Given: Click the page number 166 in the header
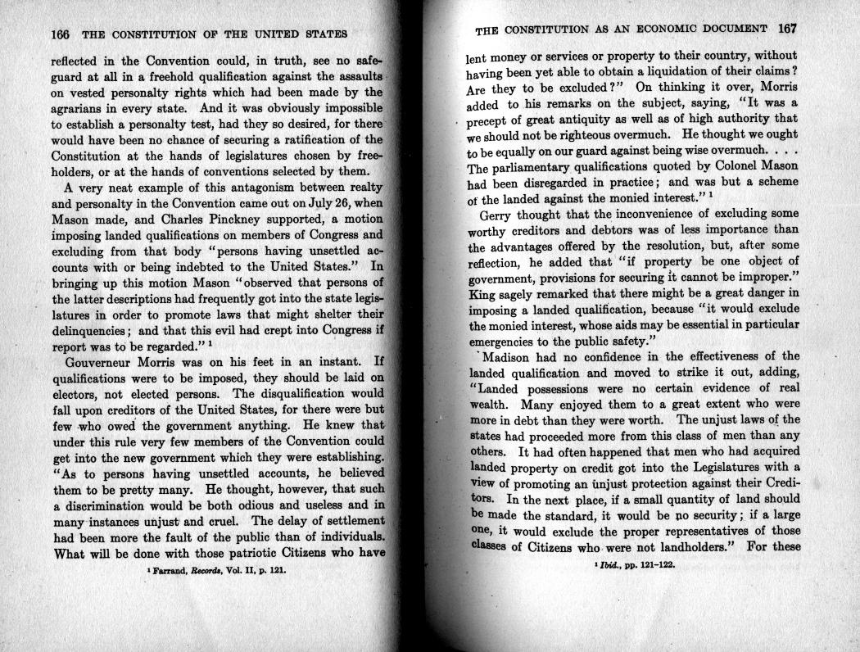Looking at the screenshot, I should pos(61,34).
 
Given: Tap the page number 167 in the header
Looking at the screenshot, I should pos(787,29).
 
